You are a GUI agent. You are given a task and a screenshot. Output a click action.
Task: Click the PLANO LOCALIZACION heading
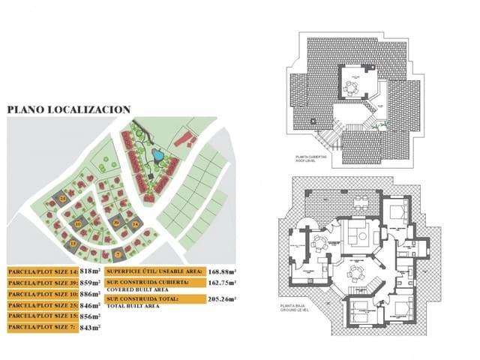point(69,109)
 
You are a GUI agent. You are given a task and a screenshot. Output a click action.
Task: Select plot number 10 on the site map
point(78,223)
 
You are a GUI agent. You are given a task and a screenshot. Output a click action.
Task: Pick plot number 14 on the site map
point(134,223)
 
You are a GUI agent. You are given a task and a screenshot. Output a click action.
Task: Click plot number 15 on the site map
point(73,244)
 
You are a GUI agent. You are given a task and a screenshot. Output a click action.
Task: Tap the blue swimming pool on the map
point(157,155)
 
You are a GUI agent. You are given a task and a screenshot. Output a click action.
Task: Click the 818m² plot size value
point(90,271)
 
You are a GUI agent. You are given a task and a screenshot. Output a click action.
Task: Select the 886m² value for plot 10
point(90,294)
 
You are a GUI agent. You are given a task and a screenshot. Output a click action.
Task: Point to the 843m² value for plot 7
point(90,328)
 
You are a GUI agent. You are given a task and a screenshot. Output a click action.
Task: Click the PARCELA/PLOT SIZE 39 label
point(41,283)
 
